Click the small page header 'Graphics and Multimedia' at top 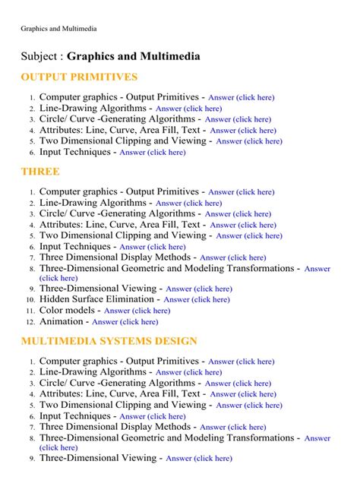tap(58, 29)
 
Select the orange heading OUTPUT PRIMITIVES tap(79, 77)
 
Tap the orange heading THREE tap(40, 172)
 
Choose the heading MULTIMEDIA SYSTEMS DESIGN tap(109, 341)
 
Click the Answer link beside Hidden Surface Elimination tap(197, 300)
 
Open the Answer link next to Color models tap(137, 311)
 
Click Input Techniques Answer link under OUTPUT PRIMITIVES tap(152, 153)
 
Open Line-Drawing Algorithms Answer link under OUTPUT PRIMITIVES tap(188, 109)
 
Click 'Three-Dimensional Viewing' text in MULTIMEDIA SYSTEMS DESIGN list tap(99, 458)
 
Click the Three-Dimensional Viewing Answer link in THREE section tap(199, 289)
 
